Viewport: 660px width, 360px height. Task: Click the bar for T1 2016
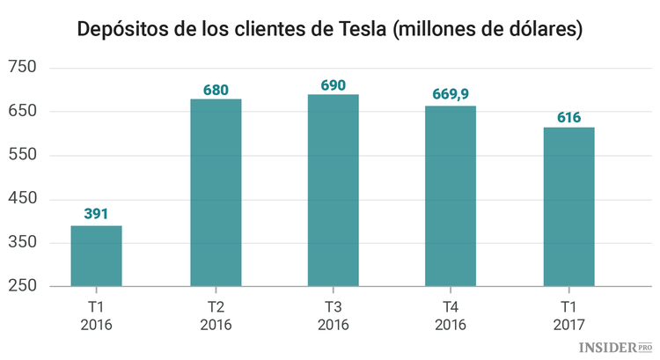96,256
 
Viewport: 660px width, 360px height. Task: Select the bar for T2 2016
216,193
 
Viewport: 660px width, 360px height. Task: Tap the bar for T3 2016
333,190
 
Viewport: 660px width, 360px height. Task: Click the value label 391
96,214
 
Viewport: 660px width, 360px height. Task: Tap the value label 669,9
451,93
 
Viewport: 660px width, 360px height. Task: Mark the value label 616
568,116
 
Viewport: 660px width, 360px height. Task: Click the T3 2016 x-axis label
333,316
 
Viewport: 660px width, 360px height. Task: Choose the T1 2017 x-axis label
568,316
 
